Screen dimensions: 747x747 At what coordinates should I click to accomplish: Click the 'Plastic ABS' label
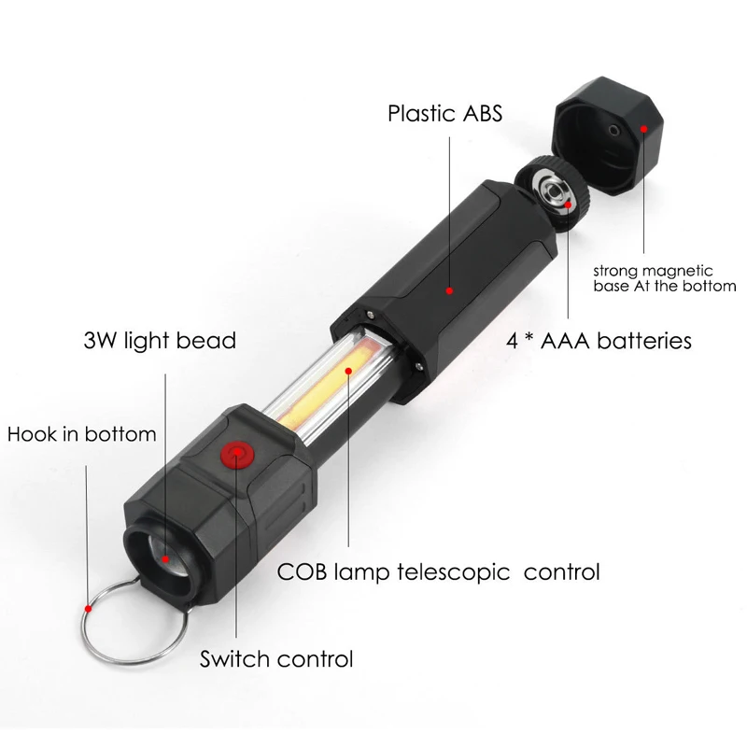tap(445, 114)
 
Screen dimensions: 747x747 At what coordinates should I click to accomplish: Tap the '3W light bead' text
tap(160, 339)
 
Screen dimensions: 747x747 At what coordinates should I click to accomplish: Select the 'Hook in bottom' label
tap(81, 434)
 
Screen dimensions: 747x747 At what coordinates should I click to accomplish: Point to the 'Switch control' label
tap(276, 658)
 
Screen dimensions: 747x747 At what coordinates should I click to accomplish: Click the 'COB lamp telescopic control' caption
tap(438, 571)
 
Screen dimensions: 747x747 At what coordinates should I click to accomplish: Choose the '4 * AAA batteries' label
tap(599, 340)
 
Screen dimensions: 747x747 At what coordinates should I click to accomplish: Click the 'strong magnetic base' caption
tap(665, 278)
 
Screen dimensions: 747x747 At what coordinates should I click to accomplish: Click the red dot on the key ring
tap(87, 607)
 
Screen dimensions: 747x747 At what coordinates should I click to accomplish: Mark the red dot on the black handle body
tap(449, 291)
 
